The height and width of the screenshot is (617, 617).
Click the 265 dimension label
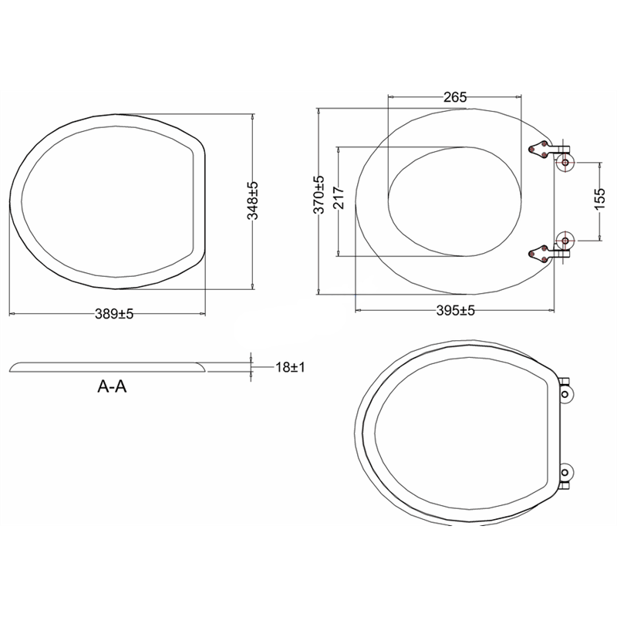click(455, 97)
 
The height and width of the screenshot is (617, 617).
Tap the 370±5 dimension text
click(319, 195)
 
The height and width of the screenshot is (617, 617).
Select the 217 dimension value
click(339, 198)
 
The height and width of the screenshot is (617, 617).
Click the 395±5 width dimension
click(455, 311)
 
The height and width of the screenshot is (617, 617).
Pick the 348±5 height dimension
click(252, 201)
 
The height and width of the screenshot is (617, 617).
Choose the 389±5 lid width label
click(114, 314)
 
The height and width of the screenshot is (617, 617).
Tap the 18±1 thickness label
click(290, 367)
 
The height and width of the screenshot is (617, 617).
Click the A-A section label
click(112, 387)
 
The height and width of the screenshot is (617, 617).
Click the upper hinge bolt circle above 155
click(565, 163)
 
